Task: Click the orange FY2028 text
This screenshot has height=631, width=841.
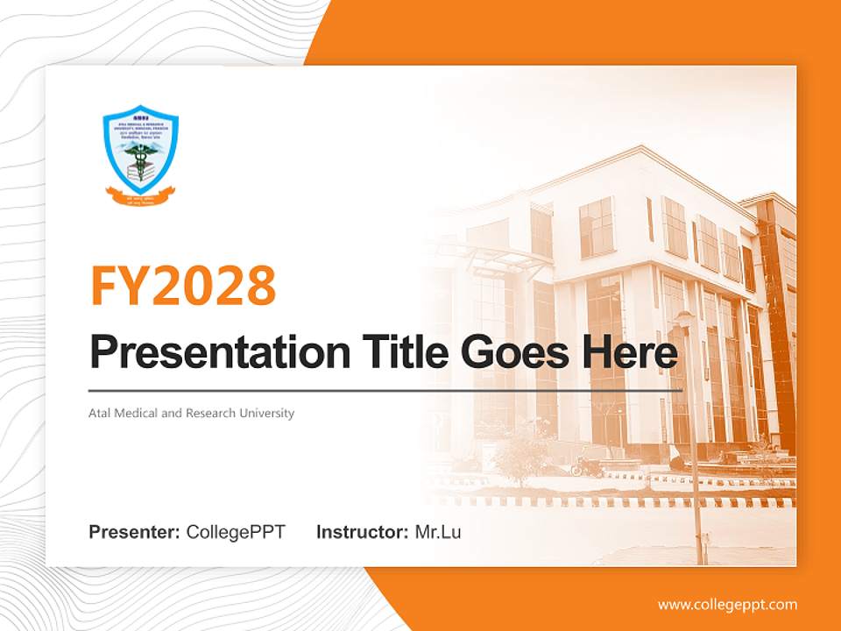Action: (x=183, y=285)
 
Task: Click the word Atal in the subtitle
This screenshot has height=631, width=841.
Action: (x=100, y=413)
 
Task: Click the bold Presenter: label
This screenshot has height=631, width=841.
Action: (x=135, y=532)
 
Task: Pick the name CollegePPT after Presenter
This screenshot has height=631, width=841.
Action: (x=236, y=532)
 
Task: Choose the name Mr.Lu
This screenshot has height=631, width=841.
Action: (x=438, y=532)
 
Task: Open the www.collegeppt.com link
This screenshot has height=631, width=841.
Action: (x=727, y=605)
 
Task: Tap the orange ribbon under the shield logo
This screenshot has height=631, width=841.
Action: (x=140, y=194)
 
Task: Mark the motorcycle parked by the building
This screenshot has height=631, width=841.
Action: (x=587, y=466)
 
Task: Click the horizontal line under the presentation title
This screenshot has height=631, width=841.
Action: (x=385, y=390)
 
